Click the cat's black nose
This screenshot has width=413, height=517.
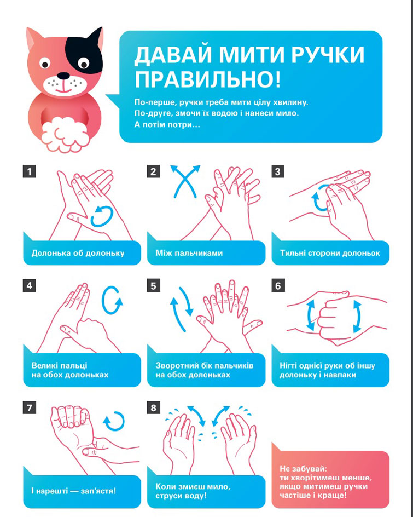coord(63,76)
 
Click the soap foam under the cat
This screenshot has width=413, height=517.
coord(65,135)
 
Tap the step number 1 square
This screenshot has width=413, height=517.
coord(30,171)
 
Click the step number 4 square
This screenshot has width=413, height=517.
coord(30,285)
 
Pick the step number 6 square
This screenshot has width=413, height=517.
coord(278,285)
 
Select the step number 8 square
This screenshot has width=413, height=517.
coord(154,407)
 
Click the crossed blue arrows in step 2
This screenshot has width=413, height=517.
coord(185,181)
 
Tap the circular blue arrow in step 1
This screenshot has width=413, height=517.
coord(102,217)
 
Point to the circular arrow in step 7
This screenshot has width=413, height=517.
coord(114,421)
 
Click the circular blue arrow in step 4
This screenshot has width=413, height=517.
coord(112,300)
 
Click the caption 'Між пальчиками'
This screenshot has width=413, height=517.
coord(189,253)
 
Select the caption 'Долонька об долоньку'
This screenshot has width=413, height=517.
coord(78,253)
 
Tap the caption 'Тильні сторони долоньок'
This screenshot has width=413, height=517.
coord(330,253)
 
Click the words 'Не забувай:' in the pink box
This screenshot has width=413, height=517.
coord(304,469)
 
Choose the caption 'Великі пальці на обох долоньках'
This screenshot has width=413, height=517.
coord(70,370)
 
